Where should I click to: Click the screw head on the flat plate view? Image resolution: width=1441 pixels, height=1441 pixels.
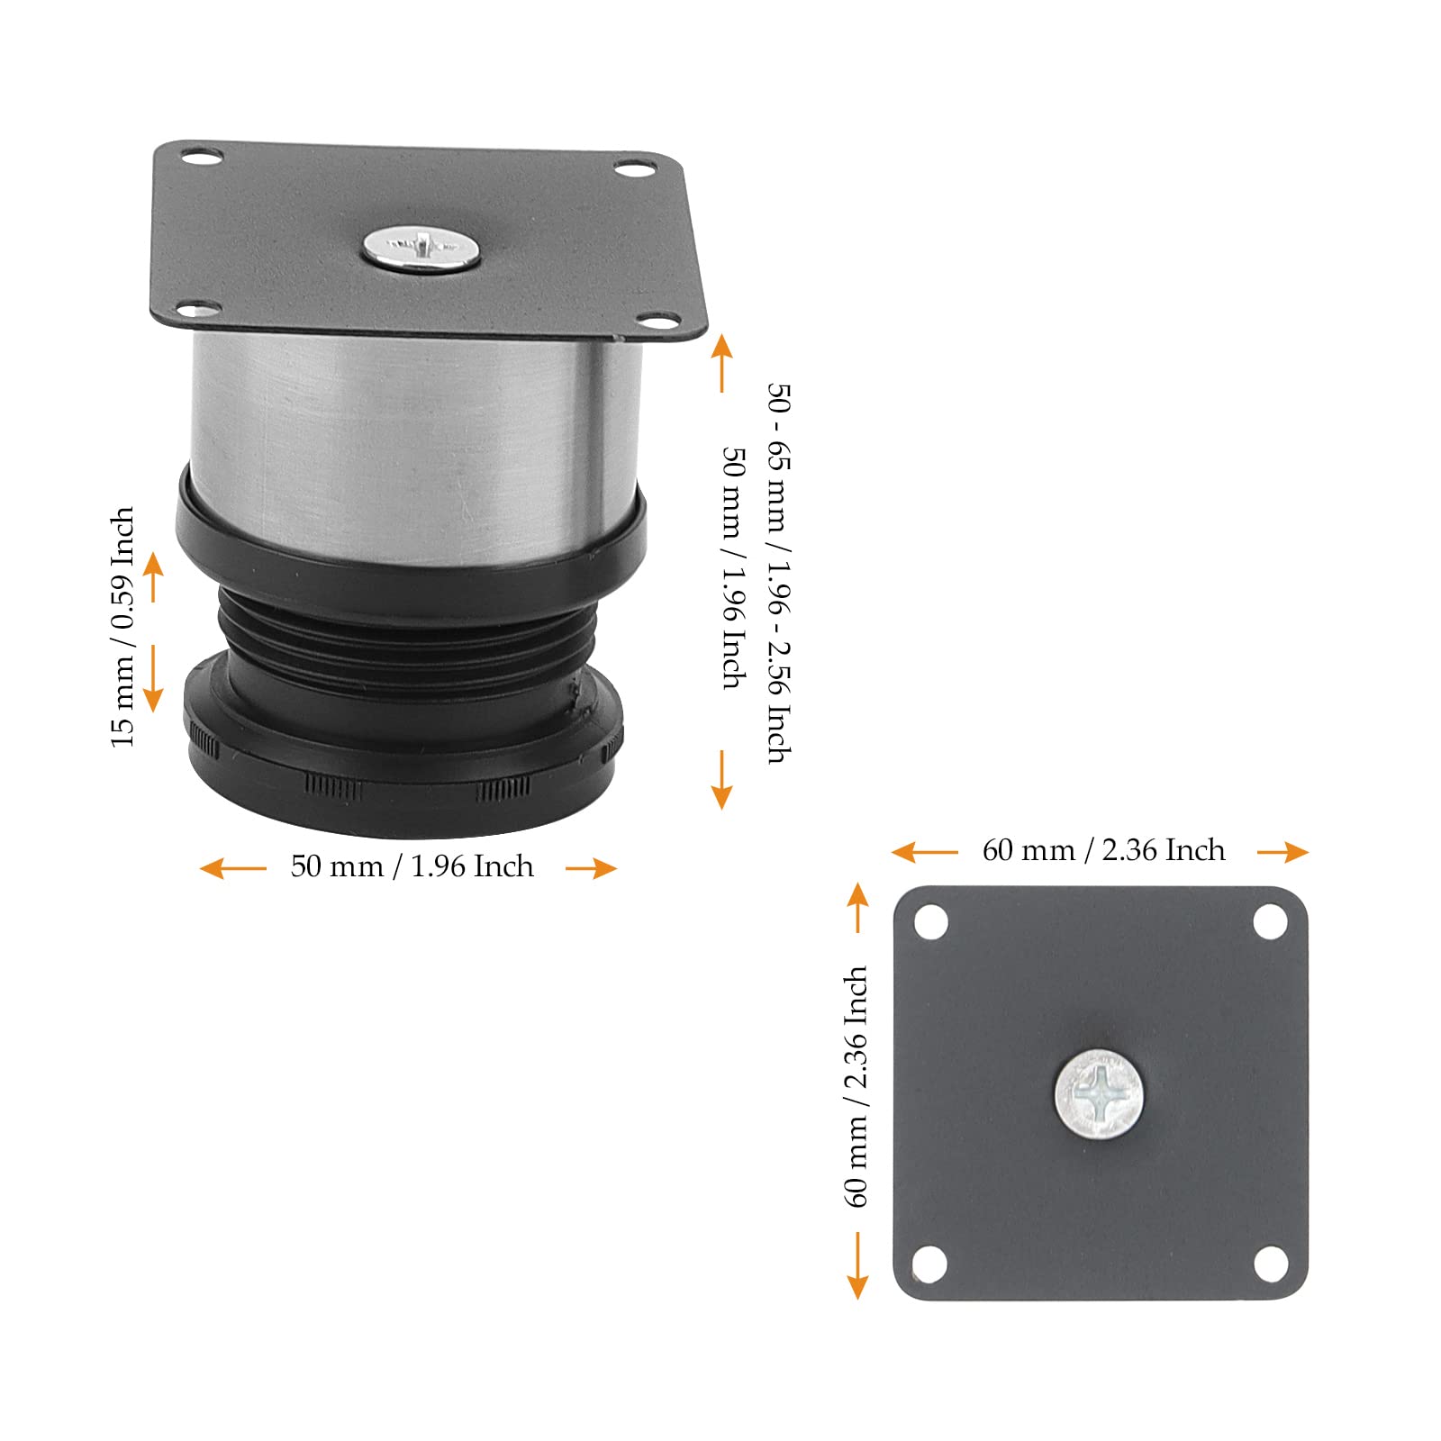click(x=1099, y=1094)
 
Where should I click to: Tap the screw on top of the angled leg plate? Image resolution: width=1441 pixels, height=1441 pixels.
click(x=421, y=248)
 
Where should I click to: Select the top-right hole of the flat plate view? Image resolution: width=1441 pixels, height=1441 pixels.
click(x=1270, y=922)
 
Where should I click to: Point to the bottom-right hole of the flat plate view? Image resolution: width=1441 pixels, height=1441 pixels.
click(x=1270, y=1264)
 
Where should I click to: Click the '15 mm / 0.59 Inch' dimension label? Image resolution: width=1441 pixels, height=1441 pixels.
click(x=122, y=627)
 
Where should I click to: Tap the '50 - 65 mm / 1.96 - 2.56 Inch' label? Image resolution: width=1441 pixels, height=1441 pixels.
click(x=780, y=574)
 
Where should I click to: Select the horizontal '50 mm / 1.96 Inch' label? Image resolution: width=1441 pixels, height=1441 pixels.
click(x=412, y=866)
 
